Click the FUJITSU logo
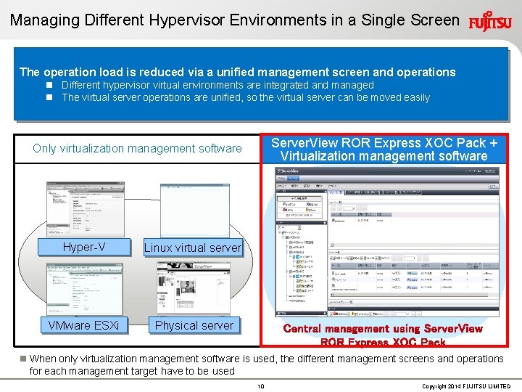(x=490, y=20)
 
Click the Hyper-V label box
(x=84, y=248)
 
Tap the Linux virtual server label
(x=192, y=248)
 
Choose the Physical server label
(x=194, y=324)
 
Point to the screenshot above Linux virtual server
(x=195, y=210)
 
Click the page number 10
(x=261, y=386)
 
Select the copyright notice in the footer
(x=465, y=386)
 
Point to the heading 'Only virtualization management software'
(x=137, y=149)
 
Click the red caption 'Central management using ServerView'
(x=383, y=329)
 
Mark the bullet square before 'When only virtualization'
(x=23, y=359)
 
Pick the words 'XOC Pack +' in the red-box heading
(x=461, y=142)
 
